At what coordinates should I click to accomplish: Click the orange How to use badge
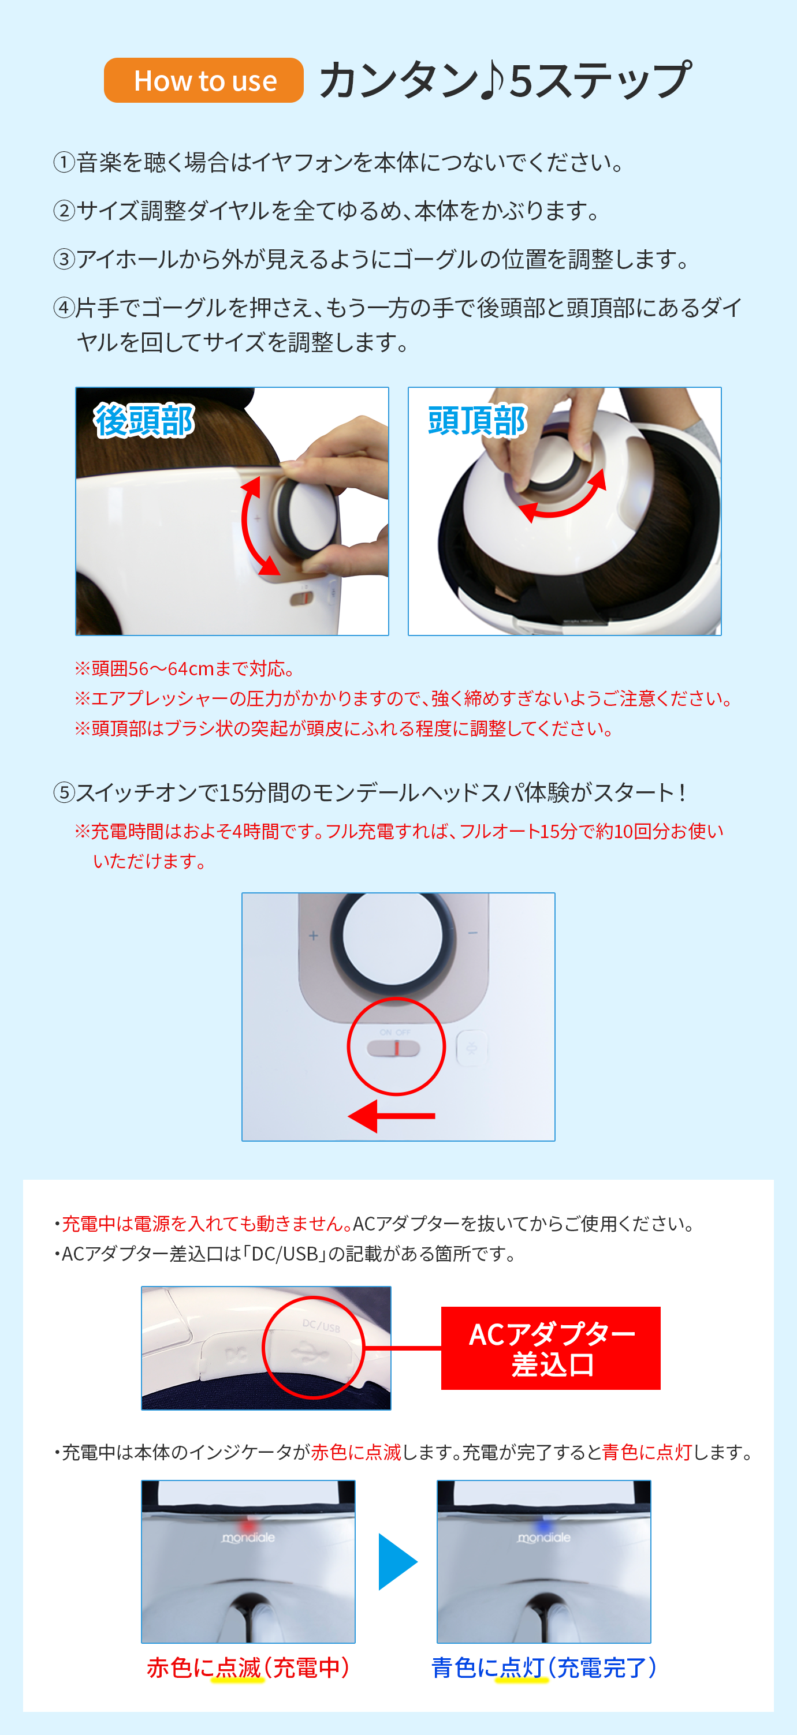(x=203, y=80)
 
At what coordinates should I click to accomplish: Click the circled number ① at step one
(x=64, y=162)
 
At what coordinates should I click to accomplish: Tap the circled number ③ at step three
(x=64, y=259)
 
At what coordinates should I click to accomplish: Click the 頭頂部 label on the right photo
(x=477, y=421)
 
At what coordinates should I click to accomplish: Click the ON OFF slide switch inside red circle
(x=393, y=1049)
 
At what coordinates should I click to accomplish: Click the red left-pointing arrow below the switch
(x=392, y=1116)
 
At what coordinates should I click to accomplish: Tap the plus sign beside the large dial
(x=313, y=936)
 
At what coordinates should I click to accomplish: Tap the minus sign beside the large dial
(x=473, y=933)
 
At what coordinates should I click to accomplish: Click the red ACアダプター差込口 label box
(x=550, y=1348)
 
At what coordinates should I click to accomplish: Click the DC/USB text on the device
(x=321, y=1326)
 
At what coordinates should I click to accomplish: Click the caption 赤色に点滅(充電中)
(x=248, y=1667)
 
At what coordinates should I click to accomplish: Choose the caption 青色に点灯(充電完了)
(x=543, y=1667)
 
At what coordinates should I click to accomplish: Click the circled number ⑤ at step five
(x=64, y=792)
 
